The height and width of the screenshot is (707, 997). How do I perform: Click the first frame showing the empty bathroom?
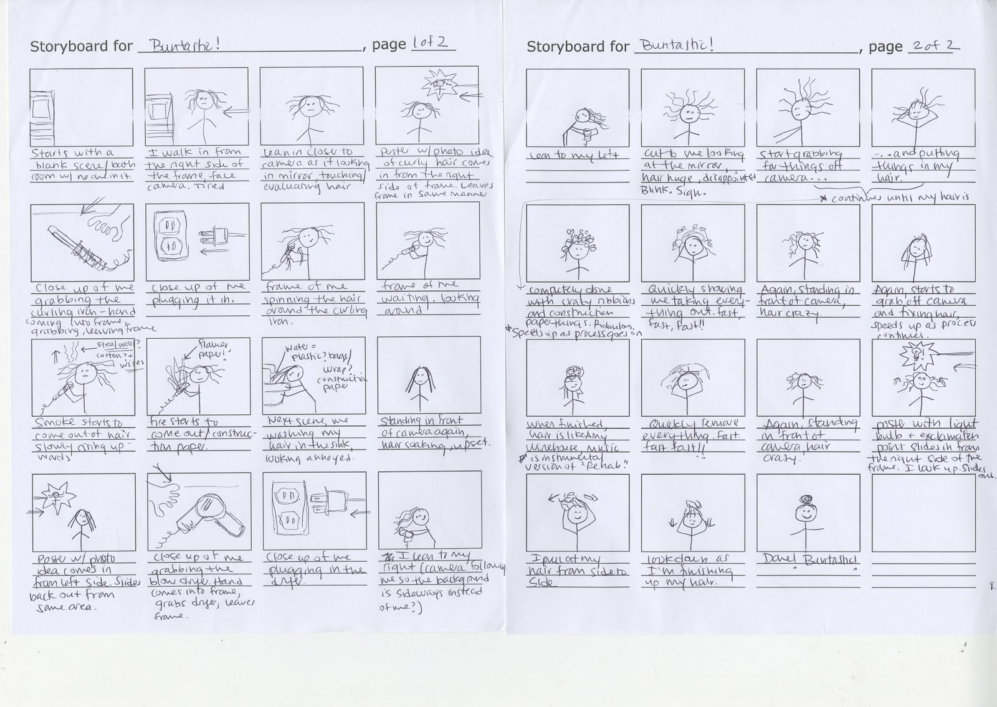tap(81, 107)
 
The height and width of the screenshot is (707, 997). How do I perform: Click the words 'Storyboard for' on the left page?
tap(81, 46)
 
